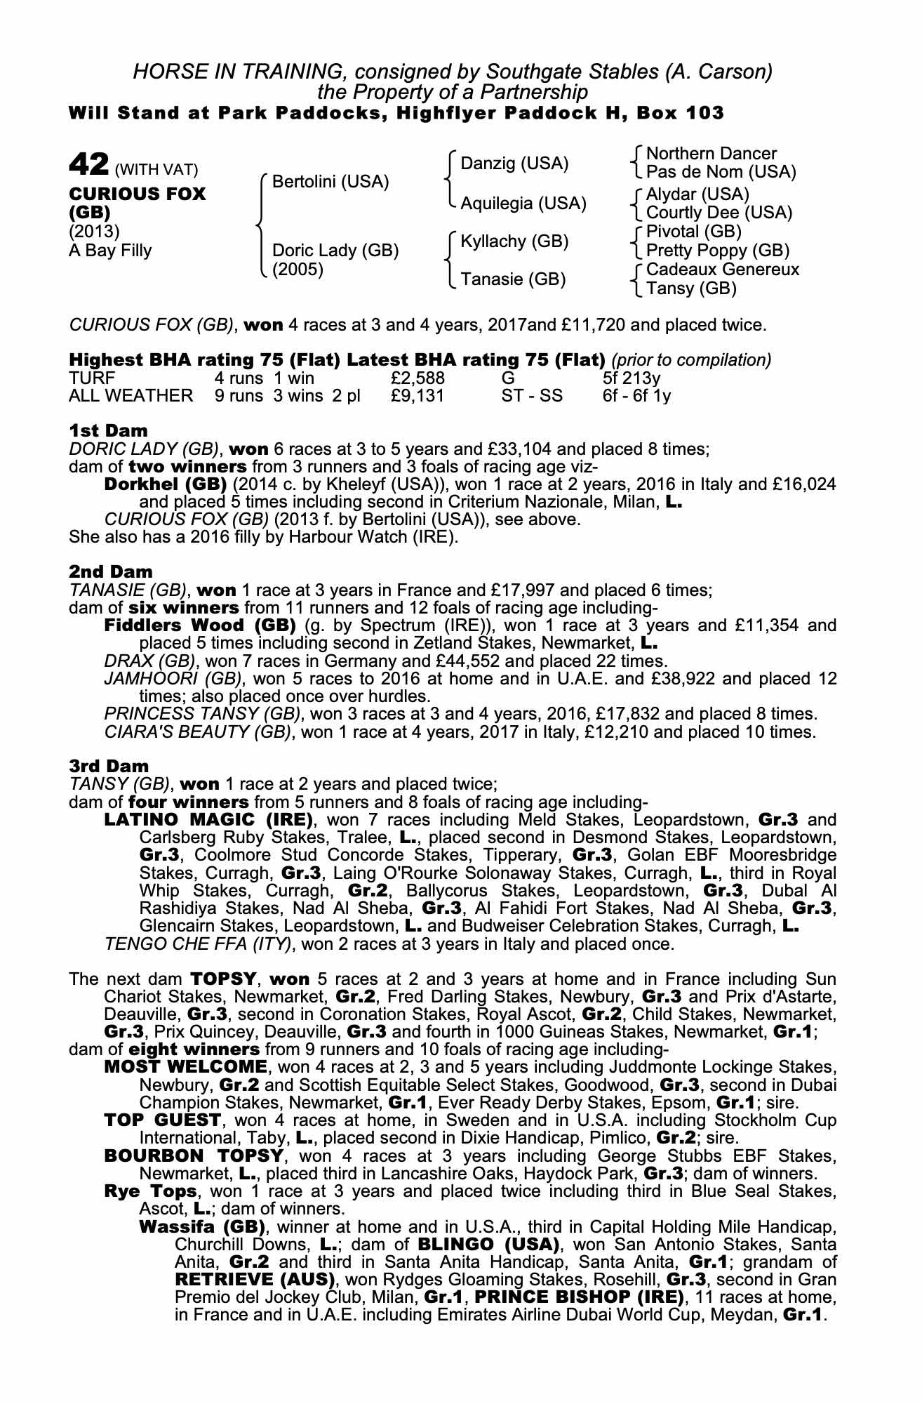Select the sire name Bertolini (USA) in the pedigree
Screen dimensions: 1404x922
pyautogui.click(x=330, y=182)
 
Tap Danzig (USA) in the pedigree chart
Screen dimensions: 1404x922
pyautogui.click(x=514, y=164)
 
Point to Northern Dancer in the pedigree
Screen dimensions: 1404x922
pyautogui.click(x=711, y=153)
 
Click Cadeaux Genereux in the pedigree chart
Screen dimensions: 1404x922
pyautogui.click(x=722, y=269)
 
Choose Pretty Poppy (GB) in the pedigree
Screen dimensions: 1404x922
pyautogui.click(x=717, y=251)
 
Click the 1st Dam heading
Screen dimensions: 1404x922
pyautogui.click(x=108, y=430)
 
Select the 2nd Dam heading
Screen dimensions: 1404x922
pyautogui.click(x=110, y=572)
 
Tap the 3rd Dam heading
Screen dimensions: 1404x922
pyautogui.click(x=109, y=766)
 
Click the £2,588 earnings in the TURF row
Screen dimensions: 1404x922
pyautogui.click(x=417, y=378)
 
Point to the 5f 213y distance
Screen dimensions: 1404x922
pyautogui.click(x=632, y=378)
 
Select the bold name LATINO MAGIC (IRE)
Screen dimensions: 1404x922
pyautogui.click(x=208, y=819)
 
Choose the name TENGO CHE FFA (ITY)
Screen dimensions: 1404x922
pyautogui.click(x=197, y=943)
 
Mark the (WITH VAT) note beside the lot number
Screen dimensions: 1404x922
pyautogui.click(x=156, y=169)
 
